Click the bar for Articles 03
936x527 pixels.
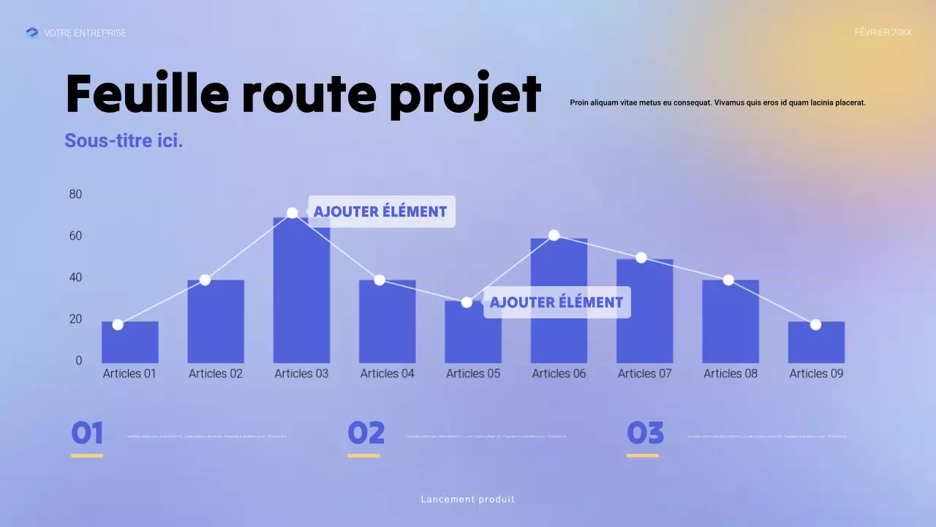coord(301,293)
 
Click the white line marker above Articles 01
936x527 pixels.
coord(118,324)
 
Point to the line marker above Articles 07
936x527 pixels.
coord(641,258)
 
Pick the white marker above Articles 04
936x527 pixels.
coord(380,280)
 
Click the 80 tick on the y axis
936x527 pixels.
coord(75,194)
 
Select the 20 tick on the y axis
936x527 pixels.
coord(75,319)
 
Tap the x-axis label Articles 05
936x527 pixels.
coord(473,373)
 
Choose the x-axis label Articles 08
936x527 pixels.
coord(731,373)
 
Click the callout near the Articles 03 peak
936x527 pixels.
coord(380,212)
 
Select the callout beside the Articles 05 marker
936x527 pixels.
coord(556,302)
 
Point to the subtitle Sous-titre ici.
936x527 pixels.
coord(124,141)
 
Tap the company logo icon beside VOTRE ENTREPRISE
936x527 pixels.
coord(32,33)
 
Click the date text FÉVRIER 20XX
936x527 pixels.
coord(883,32)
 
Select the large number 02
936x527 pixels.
coord(366,433)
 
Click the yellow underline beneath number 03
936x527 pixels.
coord(642,455)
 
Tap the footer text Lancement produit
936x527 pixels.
coord(468,499)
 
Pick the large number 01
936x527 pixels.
coord(87,433)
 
